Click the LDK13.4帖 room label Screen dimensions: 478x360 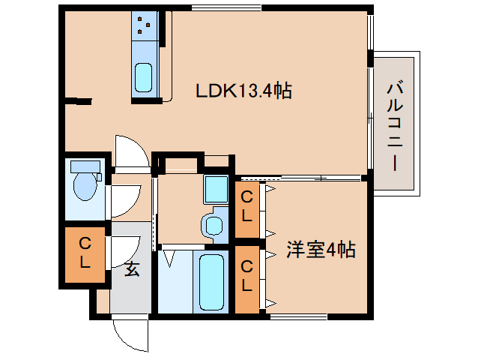pyautogui.click(x=243, y=90)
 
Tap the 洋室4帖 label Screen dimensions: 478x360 pyautogui.click(x=321, y=250)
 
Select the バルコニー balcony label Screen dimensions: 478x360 pyautogui.click(x=395, y=126)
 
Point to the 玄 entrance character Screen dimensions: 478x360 pyautogui.click(x=132, y=269)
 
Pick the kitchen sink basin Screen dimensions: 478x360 pyautogui.click(x=143, y=77)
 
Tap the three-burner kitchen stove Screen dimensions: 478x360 pyautogui.click(x=144, y=26)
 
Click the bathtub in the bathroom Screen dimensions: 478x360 pyautogui.click(x=211, y=282)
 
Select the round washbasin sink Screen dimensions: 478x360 pyautogui.click(x=214, y=226)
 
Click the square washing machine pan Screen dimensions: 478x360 pyautogui.click(x=216, y=189)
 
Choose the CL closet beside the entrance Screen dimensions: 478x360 pyautogui.click(x=85, y=254)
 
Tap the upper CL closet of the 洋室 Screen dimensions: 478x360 pyautogui.click(x=246, y=209)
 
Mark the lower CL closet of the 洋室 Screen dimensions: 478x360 pyautogui.click(x=246, y=279)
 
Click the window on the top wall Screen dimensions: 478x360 pyautogui.click(x=226, y=8)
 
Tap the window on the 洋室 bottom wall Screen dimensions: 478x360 pyautogui.click(x=299, y=316)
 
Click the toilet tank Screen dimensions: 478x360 pyautogui.click(x=85, y=166)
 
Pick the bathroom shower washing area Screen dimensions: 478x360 pyautogui.click(x=175, y=281)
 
